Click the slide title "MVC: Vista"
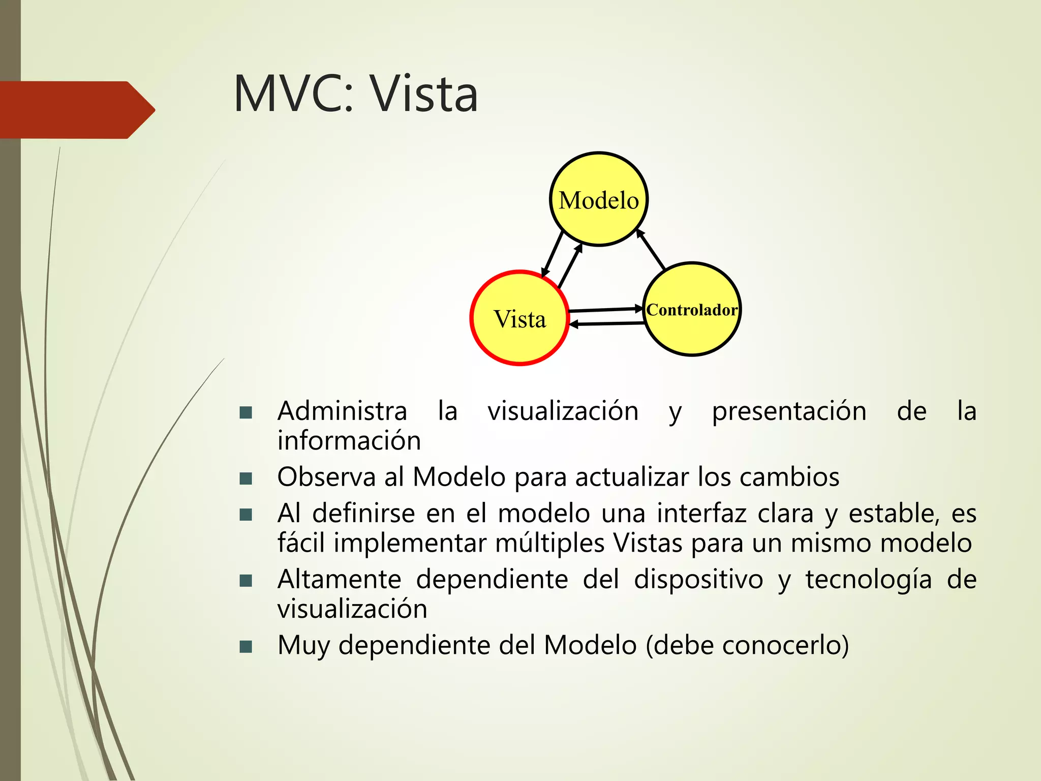356,94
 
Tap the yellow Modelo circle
599,199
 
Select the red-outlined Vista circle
519,318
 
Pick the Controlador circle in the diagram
692,310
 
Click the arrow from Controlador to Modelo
651,250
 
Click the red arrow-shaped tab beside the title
76,110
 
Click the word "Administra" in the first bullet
342,411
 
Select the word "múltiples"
549,543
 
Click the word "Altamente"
339,579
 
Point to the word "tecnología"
868,580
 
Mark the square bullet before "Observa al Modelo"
246,478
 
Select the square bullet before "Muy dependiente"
246,647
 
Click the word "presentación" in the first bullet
789,411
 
